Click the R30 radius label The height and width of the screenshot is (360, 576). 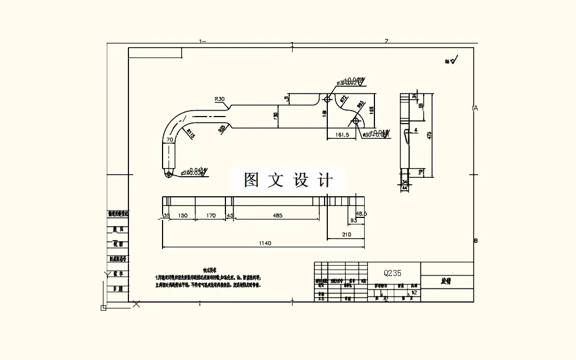[x=219, y=99]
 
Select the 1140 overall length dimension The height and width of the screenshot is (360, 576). [x=265, y=243]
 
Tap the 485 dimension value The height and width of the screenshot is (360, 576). [x=277, y=216]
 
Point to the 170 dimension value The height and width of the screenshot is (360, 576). [x=211, y=216]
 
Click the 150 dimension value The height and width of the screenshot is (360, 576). [x=183, y=216]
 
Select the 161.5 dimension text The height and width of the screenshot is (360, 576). [x=342, y=134]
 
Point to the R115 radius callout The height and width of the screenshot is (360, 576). [x=190, y=133]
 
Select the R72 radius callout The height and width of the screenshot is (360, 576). [x=343, y=99]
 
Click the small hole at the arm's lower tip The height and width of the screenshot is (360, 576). [x=169, y=174]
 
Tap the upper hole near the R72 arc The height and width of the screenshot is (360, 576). [x=328, y=100]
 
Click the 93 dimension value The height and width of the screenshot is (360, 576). [x=354, y=221]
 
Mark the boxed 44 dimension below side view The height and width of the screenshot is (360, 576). [x=405, y=188]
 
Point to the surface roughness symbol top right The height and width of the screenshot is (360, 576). [x=452, y=60]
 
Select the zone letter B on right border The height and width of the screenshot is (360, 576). [x=476, y=241]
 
